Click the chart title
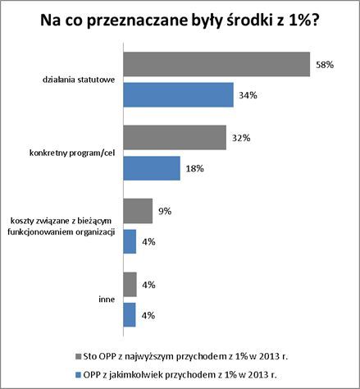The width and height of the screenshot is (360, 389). pos(180,21)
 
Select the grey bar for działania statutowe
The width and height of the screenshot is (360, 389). pos(216,64)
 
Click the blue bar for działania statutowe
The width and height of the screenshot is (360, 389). pos(178,94)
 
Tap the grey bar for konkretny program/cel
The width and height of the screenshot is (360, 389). pos(175,138)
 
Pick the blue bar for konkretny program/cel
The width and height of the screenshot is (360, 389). pos(152,168)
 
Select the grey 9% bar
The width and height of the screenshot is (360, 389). pos(138,211)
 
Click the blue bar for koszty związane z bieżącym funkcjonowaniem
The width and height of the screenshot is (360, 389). pos(130,241)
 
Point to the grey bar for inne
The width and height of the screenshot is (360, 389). pos(130,285)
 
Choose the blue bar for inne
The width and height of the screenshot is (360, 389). pos(130,315)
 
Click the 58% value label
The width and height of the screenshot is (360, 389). pos(325,65)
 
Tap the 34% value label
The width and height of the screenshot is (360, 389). pos(248,95)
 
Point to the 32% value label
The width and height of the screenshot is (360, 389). pos(241,138)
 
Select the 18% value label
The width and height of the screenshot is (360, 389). pos(195,168)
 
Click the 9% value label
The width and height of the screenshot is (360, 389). pos(165,211)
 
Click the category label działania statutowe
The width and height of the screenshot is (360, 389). pos(79,80)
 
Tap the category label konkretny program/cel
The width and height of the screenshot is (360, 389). pos(72,153)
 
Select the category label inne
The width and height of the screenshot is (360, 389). pos(107,300)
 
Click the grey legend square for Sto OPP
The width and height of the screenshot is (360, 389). pos(79,357)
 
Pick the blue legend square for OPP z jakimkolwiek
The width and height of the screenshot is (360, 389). pos(79,375)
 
